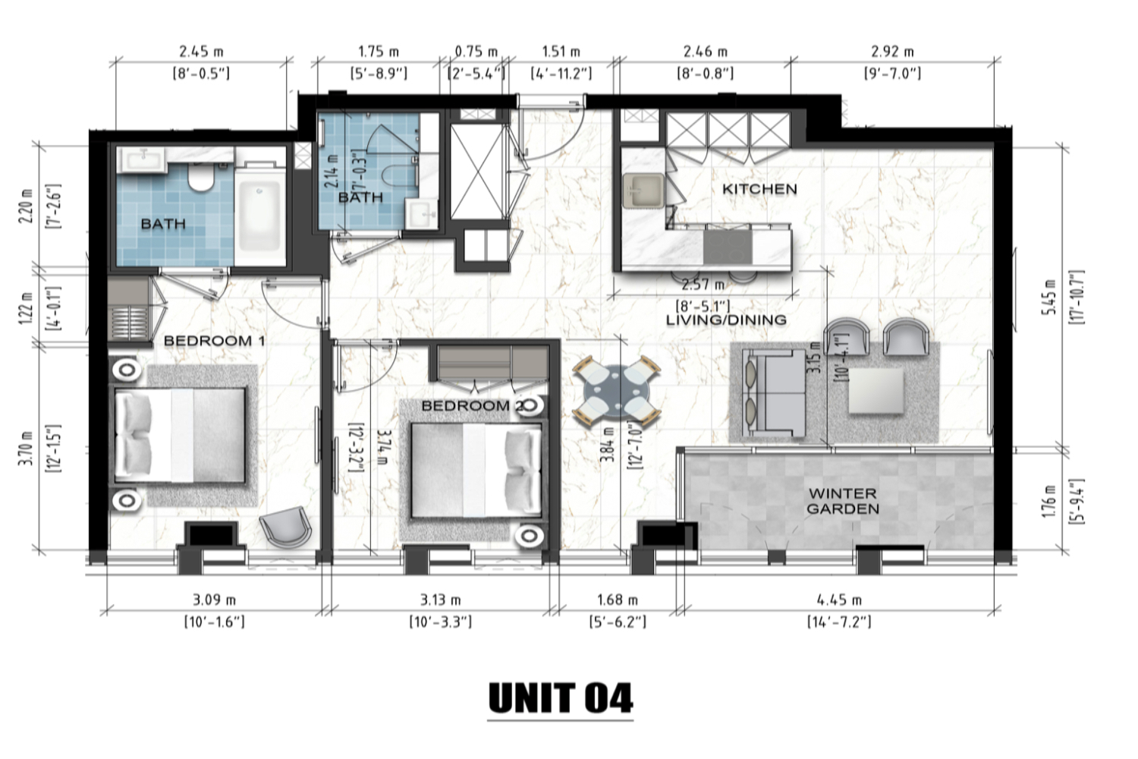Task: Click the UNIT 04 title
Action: [561, 698]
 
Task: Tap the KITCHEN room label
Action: [759, 189]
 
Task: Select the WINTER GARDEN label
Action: [843, 501]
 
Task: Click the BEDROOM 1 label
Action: [215, 341]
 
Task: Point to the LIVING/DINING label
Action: [726, 320]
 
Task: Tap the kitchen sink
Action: [643, 191]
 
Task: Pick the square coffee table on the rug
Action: [876, 391]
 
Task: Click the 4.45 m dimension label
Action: [839, 600]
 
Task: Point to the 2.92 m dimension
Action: [893, 52]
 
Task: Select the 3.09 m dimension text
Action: [215, 600]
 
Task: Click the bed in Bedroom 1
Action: [181, 435]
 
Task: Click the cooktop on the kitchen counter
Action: [728, 247]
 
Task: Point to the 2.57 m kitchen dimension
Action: [703, 285]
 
